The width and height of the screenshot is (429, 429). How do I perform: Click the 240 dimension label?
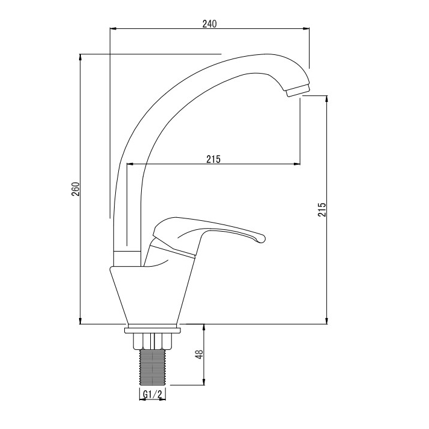click(209, 24)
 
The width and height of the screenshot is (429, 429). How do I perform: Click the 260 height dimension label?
click(75, 189)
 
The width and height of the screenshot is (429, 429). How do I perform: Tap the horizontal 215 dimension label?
click(214, 159)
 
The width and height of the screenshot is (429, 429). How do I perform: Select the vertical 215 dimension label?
click(322, 209)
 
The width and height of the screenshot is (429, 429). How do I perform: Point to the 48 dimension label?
click(200, 354)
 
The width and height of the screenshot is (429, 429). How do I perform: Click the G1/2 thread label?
click(153, 394)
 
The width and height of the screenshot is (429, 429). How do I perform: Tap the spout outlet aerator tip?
click(297, 91)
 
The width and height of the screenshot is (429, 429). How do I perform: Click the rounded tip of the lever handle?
click(262, 238)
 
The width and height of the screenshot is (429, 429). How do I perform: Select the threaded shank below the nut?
click(153, 367)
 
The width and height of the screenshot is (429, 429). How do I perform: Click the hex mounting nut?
click(153, 342)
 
